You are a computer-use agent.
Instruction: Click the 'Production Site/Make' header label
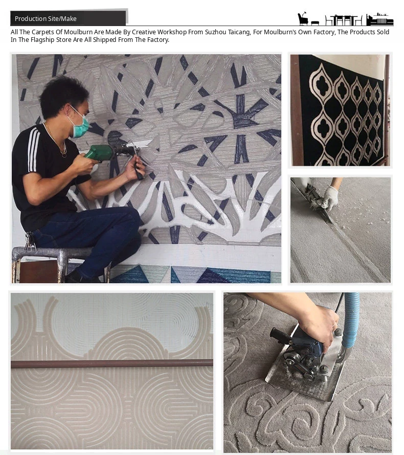[46, 19]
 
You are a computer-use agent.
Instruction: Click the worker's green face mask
[80, 125]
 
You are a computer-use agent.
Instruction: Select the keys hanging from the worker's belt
[30, 241]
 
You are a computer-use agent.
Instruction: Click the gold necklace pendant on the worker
[63, 154]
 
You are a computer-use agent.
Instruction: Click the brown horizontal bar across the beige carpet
[112, 363]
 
